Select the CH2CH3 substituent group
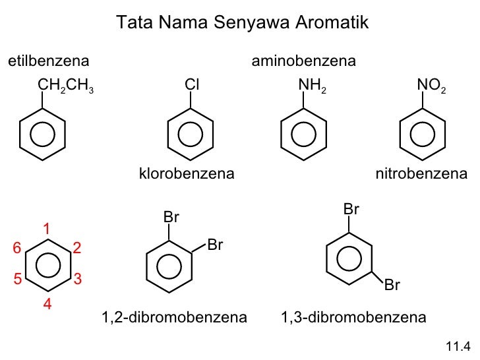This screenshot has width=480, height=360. point(66,84)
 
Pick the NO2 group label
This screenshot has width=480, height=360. point(432,84)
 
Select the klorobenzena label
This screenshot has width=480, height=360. point(187,174)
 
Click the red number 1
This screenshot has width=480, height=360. point(47,229)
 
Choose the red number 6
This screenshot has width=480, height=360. point(18,248)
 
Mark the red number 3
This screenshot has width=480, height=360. point(77,279)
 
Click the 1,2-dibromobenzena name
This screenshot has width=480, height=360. point(175,318)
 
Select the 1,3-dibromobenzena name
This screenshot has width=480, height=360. point(353,318)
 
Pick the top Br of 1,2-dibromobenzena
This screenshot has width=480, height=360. point(171,217)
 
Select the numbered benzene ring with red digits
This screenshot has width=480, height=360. point(47,266)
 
